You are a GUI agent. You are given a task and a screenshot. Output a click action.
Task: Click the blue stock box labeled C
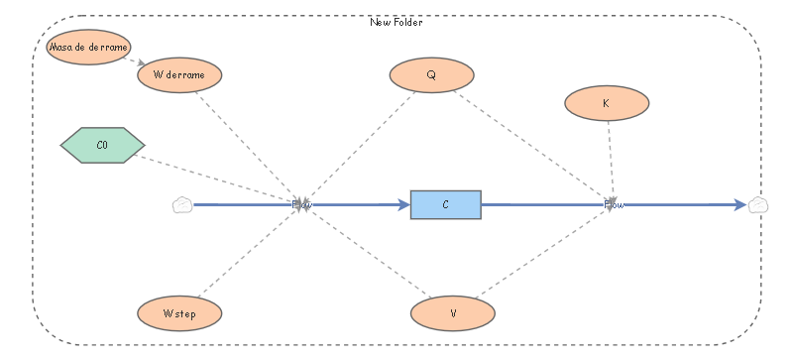pos(445,204)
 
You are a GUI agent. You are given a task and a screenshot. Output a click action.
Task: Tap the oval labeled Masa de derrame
pos(89,47)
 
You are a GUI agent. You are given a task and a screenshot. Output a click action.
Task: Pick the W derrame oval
pos(179,75)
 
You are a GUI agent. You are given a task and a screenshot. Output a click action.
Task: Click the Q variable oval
pos(431,74)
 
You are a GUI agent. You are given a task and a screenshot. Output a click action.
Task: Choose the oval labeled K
pos(606,102)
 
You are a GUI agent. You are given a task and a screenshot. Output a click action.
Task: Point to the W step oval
pos(179,312)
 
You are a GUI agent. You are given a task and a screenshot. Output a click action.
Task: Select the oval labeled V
pos(453,312)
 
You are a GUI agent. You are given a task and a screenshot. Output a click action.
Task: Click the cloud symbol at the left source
pos(181,205)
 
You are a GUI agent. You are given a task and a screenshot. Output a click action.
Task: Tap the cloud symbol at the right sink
pos(758,205)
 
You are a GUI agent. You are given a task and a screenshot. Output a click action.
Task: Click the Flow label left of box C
pos(302,205)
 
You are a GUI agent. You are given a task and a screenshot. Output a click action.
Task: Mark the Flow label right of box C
pos(615,205)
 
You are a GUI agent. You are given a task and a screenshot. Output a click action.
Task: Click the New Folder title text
pos(396,23)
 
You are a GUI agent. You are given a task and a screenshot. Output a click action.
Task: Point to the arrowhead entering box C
pos(403,205)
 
